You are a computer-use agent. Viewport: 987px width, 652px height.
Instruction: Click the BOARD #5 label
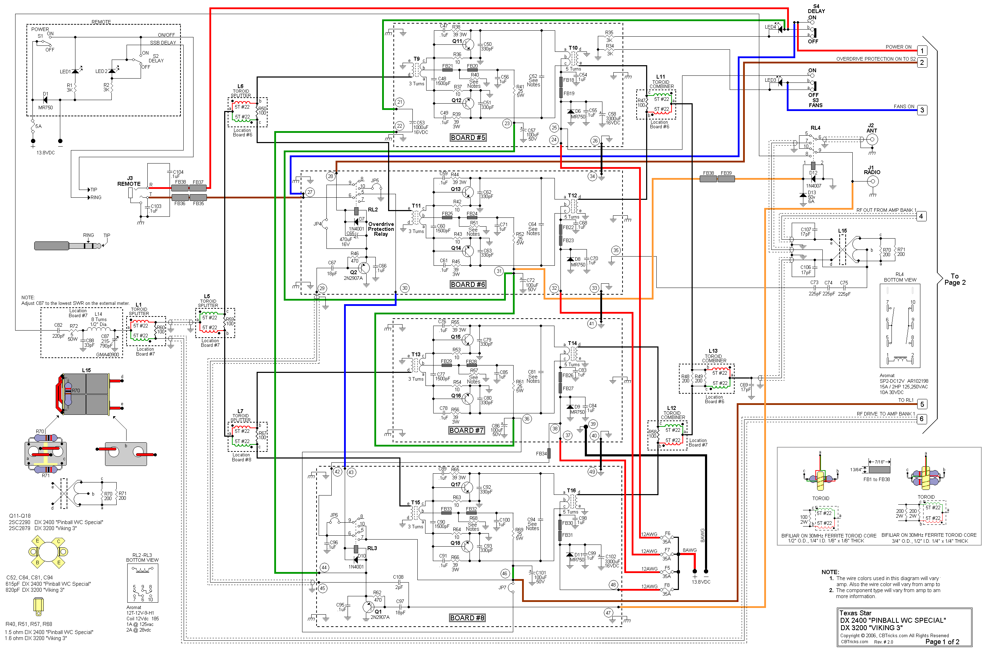coord(467,138)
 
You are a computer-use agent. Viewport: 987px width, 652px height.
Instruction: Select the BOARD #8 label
coord(467,618)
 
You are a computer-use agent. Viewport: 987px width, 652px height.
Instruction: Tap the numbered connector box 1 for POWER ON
coord(922,51)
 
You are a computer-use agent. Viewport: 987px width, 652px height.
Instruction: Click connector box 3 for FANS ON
coord(922,110)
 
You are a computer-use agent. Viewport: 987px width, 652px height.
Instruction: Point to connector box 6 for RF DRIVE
coord(922,419)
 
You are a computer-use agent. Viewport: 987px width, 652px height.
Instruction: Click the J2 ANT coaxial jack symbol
coord(872,140)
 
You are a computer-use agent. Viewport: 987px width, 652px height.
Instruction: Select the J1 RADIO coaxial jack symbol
coord(872,181)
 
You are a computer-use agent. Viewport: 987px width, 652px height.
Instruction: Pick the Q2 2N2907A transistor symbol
coord(363,268)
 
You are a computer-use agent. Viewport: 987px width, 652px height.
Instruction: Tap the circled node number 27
coord(310,192)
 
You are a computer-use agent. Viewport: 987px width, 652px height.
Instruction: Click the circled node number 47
coord(608,613)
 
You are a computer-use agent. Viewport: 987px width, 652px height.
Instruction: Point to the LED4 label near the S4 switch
coord(770,27)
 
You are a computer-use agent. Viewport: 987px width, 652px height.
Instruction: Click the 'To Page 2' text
coord(955,279)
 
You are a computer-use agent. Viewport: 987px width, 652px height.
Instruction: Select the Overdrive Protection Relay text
coord(381,229)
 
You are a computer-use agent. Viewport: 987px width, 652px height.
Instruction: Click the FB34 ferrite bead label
coord(541,454)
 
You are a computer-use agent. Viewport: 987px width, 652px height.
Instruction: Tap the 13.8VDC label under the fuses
coord(701,582)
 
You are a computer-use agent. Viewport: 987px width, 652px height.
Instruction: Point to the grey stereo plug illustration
coord(67,246)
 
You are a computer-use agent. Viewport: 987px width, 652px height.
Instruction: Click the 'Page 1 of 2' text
coord(942,642)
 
